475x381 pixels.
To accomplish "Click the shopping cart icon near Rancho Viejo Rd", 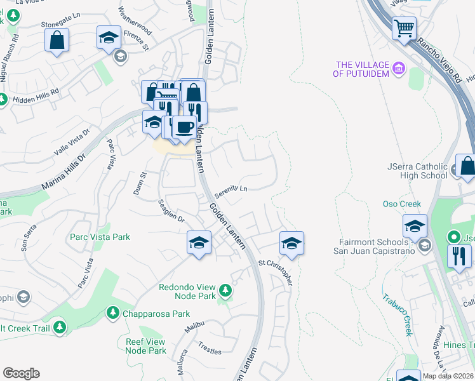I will click(404, 28).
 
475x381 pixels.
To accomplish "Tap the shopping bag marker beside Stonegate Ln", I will click(57, 40).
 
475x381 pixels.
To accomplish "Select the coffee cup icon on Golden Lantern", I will click(184, 127).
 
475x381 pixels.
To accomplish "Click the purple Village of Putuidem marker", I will click(399, 67).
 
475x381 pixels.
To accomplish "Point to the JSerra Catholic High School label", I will click(417, 171).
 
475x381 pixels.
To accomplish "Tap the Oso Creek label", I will click(401, 204).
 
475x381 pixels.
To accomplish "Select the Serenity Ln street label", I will click(231, 189).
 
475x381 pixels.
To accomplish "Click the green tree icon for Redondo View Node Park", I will click(225, 290).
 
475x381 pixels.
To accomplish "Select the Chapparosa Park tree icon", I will click(112, 312).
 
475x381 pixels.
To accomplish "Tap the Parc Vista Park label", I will click(100, 237).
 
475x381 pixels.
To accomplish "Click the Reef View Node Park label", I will click(145, 346).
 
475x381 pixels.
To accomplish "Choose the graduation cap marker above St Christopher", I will click(291, 243).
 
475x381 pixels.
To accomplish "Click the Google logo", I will click(22, 373).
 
